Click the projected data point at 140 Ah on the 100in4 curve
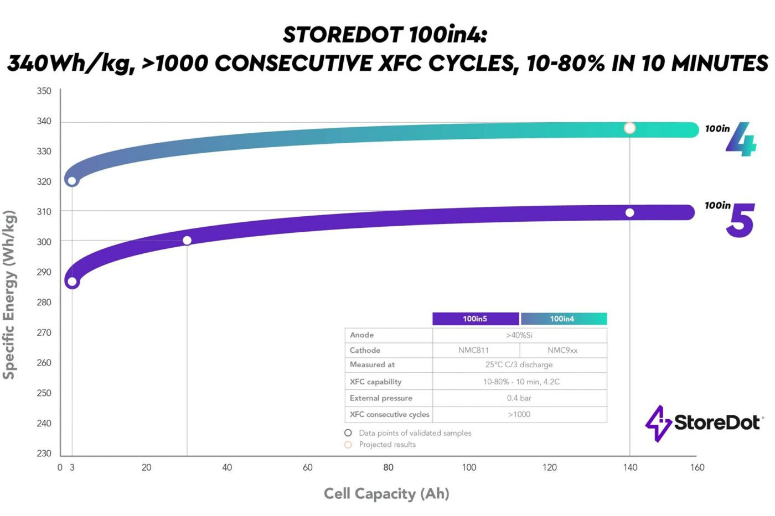[629, 128]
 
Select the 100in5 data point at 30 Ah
[187, 241]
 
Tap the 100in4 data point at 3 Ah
[72, 181]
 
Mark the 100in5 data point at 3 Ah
[72, 282]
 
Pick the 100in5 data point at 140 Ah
[629, 213]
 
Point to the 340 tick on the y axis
[44, 121]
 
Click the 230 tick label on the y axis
[44, 454]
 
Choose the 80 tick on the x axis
[389, 467]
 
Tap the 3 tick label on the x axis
[72, 467]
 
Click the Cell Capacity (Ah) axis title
[386, 493]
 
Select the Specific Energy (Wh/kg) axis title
[9, 294]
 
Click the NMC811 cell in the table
[474, 350]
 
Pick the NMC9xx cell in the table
[562, 350]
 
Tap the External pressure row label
[381, 398]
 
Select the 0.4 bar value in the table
[519, 398]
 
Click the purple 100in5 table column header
[475, 319]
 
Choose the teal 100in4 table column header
[562, 319]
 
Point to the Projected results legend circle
[348, 445]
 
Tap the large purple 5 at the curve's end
[740, 221]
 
